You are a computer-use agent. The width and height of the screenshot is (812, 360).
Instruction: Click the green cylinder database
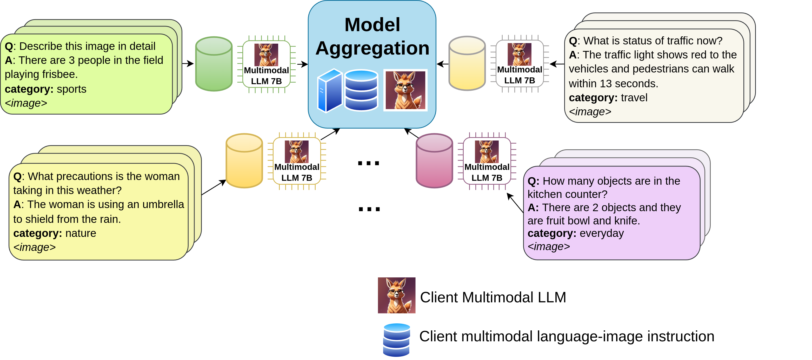click(x=214, y=64)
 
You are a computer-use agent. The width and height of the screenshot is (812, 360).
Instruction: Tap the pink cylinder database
click(x=434, y=161)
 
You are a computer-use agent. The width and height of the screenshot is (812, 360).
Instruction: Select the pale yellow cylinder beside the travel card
click(x=467, y=63)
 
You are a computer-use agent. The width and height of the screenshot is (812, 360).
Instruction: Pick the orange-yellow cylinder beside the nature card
click(x=244, y=161)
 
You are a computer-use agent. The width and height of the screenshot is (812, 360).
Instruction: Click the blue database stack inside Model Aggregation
click(x=361, y=90)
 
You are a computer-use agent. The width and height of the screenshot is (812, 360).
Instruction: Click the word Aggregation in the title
click(x=372, y=48)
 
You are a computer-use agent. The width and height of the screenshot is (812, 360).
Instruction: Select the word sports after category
click(x=71, y=89)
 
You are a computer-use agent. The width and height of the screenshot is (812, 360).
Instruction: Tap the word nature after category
click(x=81, y=233)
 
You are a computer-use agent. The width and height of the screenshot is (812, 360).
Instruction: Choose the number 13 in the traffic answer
click(x=605, y=84)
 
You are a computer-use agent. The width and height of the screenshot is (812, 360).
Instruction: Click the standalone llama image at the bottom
click(x=397, y=295)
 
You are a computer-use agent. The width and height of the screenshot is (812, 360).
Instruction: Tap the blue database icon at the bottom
click(x=397, y=340)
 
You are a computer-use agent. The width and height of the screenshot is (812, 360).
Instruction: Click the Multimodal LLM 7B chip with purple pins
click(x=487, y=161)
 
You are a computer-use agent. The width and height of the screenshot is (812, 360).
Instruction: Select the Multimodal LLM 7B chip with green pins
click(x=266, y=64)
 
